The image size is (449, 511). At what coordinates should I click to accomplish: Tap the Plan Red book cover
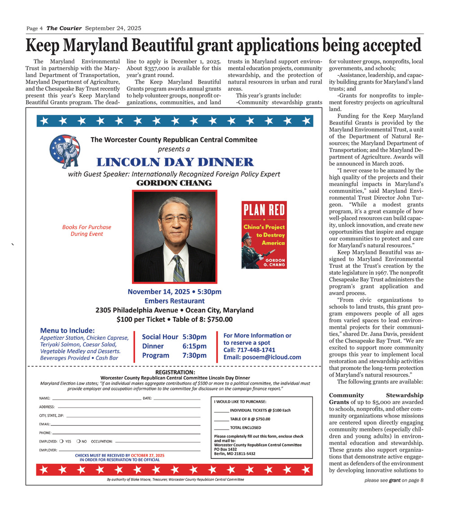point(264,235)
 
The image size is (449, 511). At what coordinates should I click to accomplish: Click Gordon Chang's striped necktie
point(179,268)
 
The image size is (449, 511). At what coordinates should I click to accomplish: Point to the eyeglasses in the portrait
point(175,219)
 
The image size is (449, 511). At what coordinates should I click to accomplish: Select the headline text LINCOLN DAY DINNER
point(175,162)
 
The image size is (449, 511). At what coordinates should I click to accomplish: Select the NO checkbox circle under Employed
point(78,441)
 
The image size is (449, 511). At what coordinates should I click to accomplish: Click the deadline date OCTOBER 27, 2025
point(148,455)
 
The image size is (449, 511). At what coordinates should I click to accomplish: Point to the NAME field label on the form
point(44,399)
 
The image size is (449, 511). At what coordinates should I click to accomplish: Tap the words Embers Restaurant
point(174,301)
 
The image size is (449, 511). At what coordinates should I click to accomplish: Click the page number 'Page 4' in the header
point(35,28)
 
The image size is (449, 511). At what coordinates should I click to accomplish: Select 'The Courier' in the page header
point(64,28)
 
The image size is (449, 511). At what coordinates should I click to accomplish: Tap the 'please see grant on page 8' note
point(394,480)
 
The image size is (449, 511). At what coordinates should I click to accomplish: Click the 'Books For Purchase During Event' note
point(87,230)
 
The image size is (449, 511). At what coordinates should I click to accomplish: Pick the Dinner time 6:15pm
point(194,346)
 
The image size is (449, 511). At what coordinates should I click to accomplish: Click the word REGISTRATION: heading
point(175,372)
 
